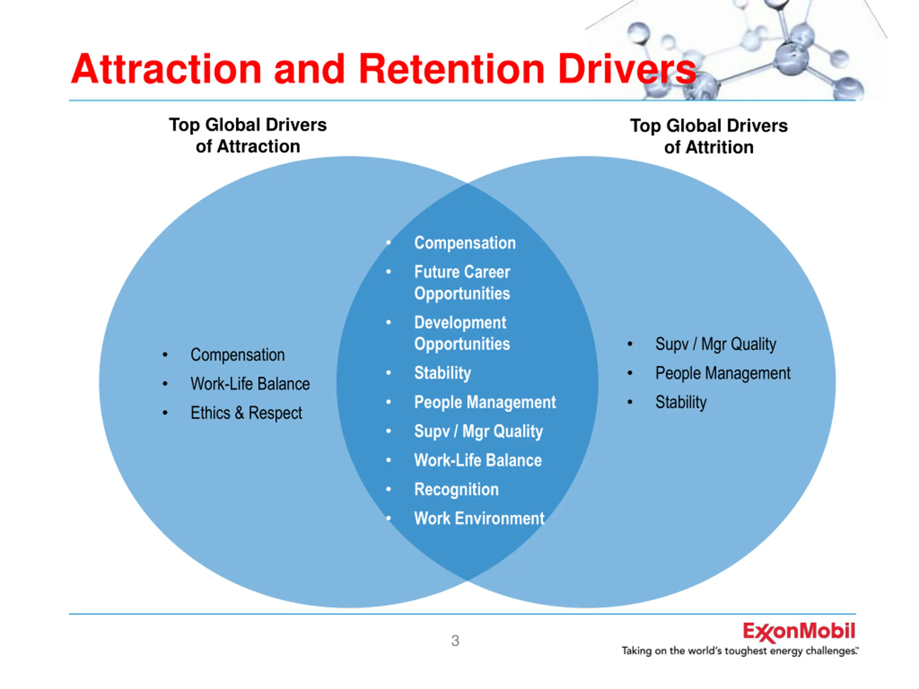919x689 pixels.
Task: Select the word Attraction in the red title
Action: pyautogui.click(x=166, y=69)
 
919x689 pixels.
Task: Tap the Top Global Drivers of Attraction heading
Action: pyautogui.click(x=248, y=135)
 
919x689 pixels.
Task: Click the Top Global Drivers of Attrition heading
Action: pyautogui.click(x=708, y=136)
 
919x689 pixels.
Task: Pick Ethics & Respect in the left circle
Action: pyautogui.click(x=246, y=413)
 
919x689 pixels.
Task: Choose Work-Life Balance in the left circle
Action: pyautogui.click(x=250, y=384)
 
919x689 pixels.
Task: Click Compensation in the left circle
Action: pyautogui.click(x=238, y=355)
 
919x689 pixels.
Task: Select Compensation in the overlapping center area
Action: pyautogui.click(x=465, y=243)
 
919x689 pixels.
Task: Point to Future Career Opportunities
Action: pyautogui.click(x=462, y=282)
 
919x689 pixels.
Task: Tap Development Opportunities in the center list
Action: pyautogui.click(x=462, y=333)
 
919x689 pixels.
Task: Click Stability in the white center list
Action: pyautogui.click(x=443, y=373)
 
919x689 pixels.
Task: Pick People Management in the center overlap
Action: pyautogui.click(x=485, y=402)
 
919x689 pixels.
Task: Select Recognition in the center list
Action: pyautogui.click(x=456, y=489)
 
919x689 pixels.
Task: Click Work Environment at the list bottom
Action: pyautogui.click(x=479, y=518)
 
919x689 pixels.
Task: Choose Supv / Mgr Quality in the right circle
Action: pyautogui.click(x=715, y=344)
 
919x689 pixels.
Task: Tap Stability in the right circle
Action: pyautogui.click(x=681, y=402)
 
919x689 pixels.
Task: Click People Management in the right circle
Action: pyautogui.click(x=723, y=373)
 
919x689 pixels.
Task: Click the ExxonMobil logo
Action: pyautogui.click(x=798, y=632)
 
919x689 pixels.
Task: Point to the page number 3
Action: pyautogui.click(x=455, y=641)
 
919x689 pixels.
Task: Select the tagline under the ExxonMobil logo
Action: pyautogui.click(x=739, y=651)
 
